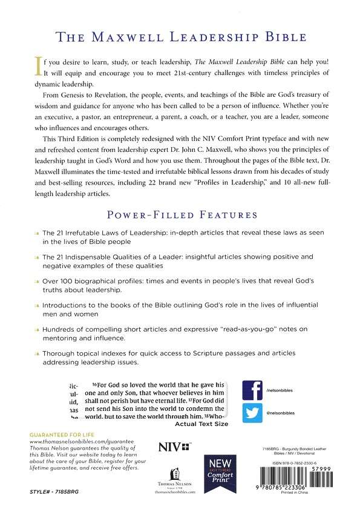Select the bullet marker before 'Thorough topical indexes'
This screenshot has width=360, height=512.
pyautogui.click(x=37, y=352)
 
